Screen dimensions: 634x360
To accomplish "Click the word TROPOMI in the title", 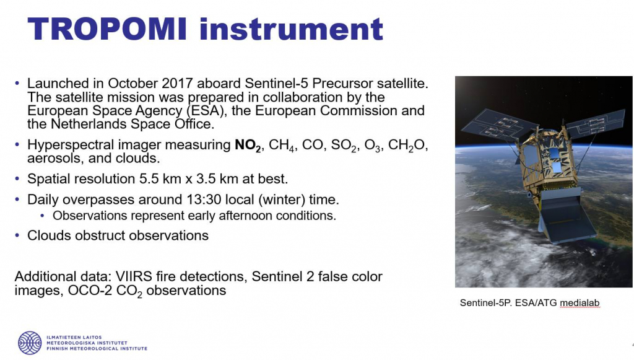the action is pos(107,29).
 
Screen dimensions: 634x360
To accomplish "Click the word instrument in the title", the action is pos(291,29).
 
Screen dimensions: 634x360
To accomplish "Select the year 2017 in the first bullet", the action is pos(177,83).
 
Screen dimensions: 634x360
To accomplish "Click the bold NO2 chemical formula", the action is pos(248,145).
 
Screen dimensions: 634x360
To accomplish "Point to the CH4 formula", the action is pos(282,145).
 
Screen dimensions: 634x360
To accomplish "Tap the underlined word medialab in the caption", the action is pos(580,303).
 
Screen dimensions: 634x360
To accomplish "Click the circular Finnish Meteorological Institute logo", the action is pos(30,343).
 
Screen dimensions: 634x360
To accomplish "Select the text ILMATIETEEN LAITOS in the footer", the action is pos(74,337).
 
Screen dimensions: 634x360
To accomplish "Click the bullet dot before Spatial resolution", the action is pos(17,178).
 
